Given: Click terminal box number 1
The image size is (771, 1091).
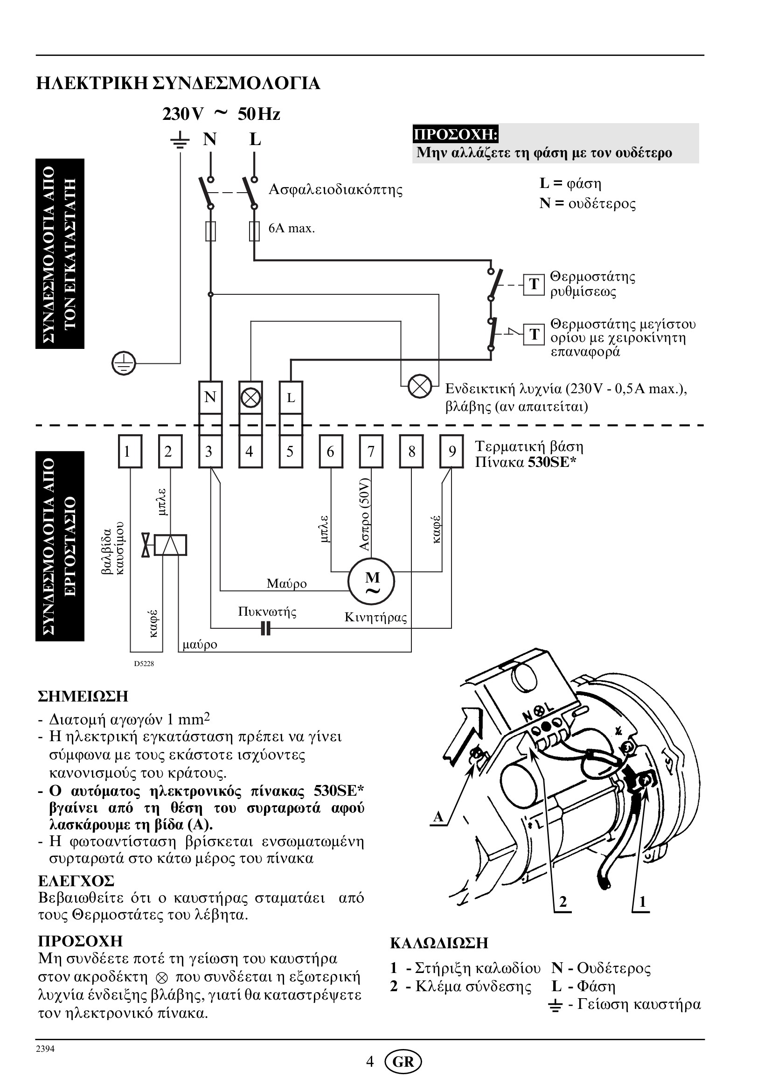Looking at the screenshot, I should (x=130, y=452).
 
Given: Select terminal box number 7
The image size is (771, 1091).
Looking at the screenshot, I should (x=371, y=452).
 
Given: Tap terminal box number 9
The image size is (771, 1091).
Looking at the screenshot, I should (x=452, y=452).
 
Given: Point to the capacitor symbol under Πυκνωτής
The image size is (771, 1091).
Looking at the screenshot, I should (x=266, y=629).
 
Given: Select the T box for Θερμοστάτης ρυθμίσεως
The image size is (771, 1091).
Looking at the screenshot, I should (x=534, y=284).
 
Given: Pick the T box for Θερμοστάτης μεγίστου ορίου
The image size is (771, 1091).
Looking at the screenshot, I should (x=534, y=334).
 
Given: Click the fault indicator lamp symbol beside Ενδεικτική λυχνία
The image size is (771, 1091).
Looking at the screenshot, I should (x=420, y=386).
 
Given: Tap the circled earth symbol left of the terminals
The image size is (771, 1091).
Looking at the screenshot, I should (x=124, y=363).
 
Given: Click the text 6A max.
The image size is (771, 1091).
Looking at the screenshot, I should (x=292, y=229).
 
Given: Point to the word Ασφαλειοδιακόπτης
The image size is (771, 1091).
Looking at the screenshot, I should (x=335, y=189).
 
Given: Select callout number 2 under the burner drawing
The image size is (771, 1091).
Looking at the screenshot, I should (x=563, y=901).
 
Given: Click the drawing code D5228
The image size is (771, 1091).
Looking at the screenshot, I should (x=144, y=663).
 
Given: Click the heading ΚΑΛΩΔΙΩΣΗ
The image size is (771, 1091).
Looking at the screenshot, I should (x=439, y=943).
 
